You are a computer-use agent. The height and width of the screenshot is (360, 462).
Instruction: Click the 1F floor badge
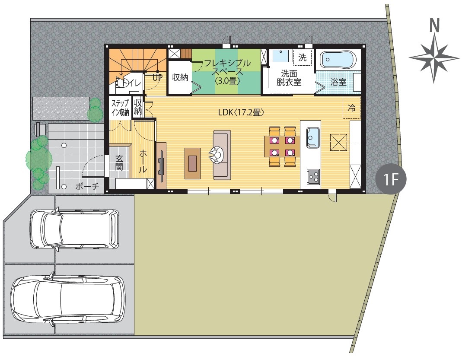391,179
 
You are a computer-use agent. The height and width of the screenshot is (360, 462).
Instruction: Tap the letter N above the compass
434,25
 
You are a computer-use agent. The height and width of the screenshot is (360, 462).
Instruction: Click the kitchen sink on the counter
313,137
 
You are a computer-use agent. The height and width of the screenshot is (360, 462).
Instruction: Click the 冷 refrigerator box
351,108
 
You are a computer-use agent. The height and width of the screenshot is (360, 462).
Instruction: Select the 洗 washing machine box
303,57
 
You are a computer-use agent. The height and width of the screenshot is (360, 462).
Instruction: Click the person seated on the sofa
217,155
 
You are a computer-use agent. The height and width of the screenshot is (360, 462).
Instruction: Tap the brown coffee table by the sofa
192,163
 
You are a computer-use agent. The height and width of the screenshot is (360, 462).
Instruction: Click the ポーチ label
87,186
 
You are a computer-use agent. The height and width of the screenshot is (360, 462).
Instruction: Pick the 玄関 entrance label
119,162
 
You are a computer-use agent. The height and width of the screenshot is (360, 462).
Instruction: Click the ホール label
143,161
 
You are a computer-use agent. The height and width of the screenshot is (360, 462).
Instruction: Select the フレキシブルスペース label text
227,67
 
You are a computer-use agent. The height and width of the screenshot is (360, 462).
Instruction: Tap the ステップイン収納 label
120,108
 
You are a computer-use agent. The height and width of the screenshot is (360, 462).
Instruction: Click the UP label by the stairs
157,78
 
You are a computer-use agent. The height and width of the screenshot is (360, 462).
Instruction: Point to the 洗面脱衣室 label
289,78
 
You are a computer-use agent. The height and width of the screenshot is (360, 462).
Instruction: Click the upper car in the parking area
74,229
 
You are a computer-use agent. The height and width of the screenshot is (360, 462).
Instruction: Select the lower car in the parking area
68,300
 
